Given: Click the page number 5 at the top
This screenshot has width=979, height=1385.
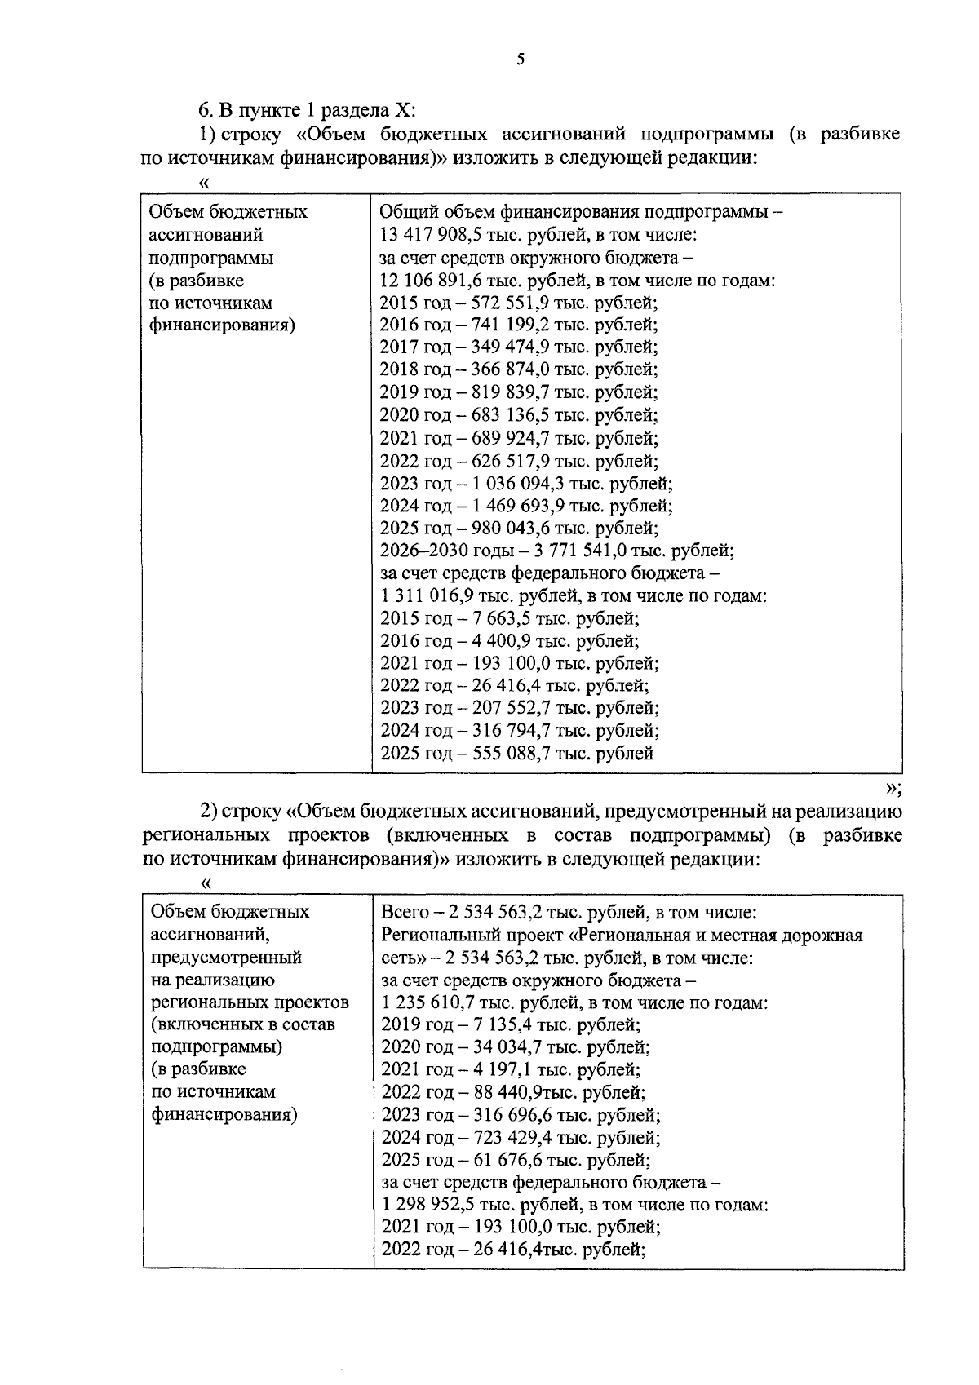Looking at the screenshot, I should pos(521,59).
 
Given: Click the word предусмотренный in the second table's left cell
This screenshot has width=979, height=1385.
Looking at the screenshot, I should pos(228,958).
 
